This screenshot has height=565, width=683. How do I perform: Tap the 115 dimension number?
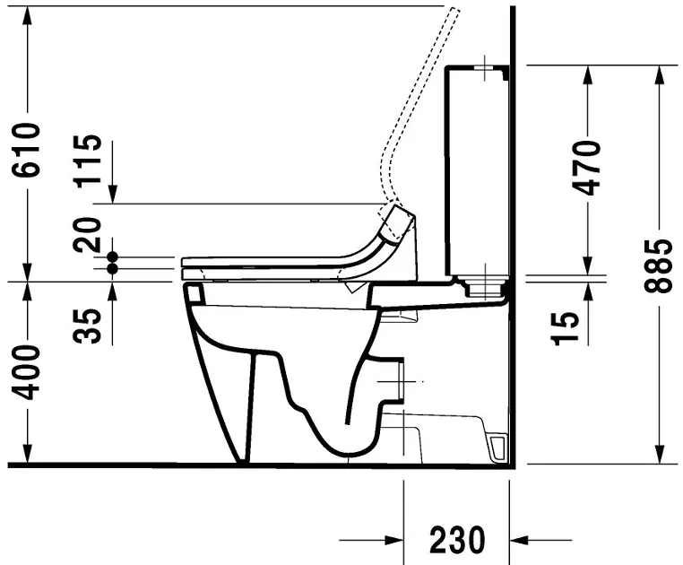(88, 161)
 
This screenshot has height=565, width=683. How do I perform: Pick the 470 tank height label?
(587, 168)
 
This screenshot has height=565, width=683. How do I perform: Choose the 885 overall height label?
(661, 266)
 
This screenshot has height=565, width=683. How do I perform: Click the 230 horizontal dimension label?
(457, 540)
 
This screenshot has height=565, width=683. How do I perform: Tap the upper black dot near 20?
(113, 256)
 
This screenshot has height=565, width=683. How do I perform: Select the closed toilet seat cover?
(269, 261)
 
